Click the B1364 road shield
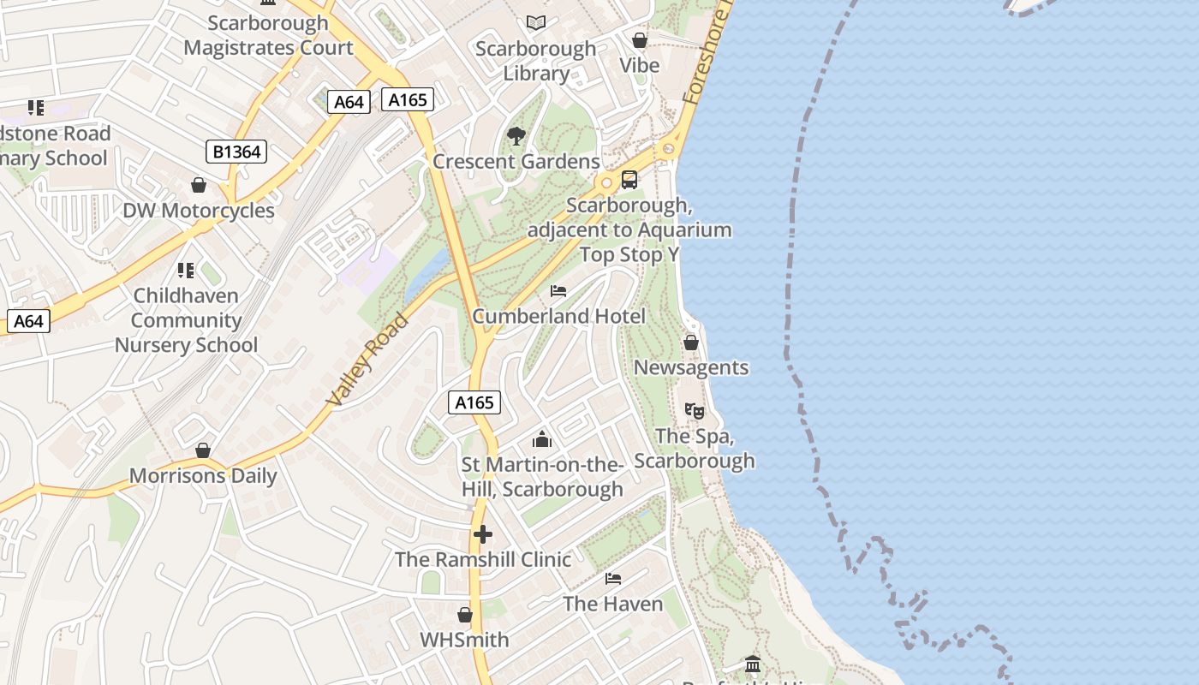pos(236,152)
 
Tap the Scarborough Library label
pos(536,61)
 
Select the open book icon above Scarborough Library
pos(536,22)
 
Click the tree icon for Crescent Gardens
pos(516,135)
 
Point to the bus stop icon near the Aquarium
pos(629,180)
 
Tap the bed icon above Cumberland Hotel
pos(558,291)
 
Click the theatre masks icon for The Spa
pos(695,411)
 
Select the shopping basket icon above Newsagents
pos(691,342)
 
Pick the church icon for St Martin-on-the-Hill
pos(542,439)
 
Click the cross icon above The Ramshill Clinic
pos(483,534)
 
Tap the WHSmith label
pos(464,640)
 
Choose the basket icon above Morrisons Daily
pos(203,450)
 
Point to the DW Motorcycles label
pos(199,211)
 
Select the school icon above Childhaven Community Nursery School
pos(186,271)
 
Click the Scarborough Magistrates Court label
pos(268,35)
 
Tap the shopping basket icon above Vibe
pos(639,40)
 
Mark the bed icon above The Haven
pos(613,579)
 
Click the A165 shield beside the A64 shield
pos(408,100)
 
